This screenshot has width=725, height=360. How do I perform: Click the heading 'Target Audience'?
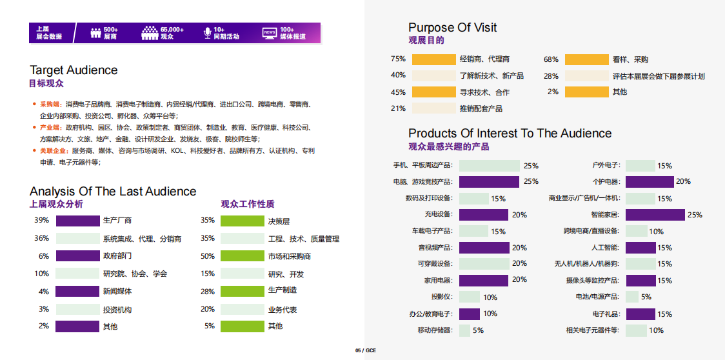(x=74, y=70)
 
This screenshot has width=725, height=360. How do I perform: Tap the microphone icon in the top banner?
(x=207, y=33)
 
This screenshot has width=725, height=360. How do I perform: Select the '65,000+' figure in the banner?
(x=172, y=30)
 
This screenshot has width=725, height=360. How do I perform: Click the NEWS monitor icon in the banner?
(x=270, y=33)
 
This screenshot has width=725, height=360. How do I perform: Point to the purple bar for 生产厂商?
(x=77, y=221)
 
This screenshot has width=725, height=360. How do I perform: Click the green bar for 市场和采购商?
(x=242, y=256)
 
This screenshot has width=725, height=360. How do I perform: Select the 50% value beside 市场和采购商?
(x=208, y=256)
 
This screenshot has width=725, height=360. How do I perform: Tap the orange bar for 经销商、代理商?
(x=433, y=59)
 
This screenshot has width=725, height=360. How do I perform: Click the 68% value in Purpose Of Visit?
(x=551, y=59)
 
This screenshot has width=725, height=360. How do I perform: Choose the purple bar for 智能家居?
(x=655, y=215)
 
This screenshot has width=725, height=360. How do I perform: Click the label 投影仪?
(x=442, y=297)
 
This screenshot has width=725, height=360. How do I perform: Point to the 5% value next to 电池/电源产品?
(x=646, y=297)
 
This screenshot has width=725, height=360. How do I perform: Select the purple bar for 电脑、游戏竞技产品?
(x=489, y=182)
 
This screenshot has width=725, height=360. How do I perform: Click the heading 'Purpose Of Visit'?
(x=452, y=27)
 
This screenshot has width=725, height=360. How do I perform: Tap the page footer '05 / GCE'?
(x=365, y=350)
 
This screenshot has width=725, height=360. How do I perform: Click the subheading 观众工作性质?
(x=247, y=204)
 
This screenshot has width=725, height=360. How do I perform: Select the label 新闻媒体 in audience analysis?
(x=117, y=292)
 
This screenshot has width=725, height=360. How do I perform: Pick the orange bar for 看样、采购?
(x=586, y=59)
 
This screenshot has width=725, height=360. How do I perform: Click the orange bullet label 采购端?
(x=50, y=104)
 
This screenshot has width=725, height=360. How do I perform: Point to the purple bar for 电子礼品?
(x=641, y=314)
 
